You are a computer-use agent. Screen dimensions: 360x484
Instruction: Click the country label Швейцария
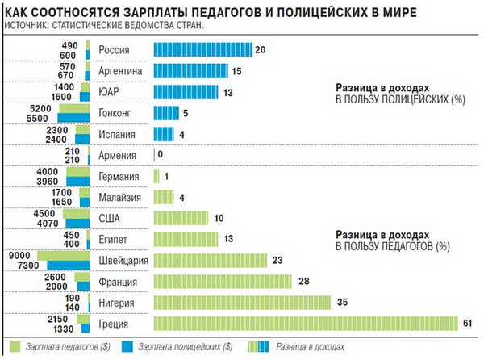(x=121, y=260)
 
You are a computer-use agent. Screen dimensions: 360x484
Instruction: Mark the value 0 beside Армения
(x=161, y=155)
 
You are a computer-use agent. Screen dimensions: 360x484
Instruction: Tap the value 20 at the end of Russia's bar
(x=260, y=50)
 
